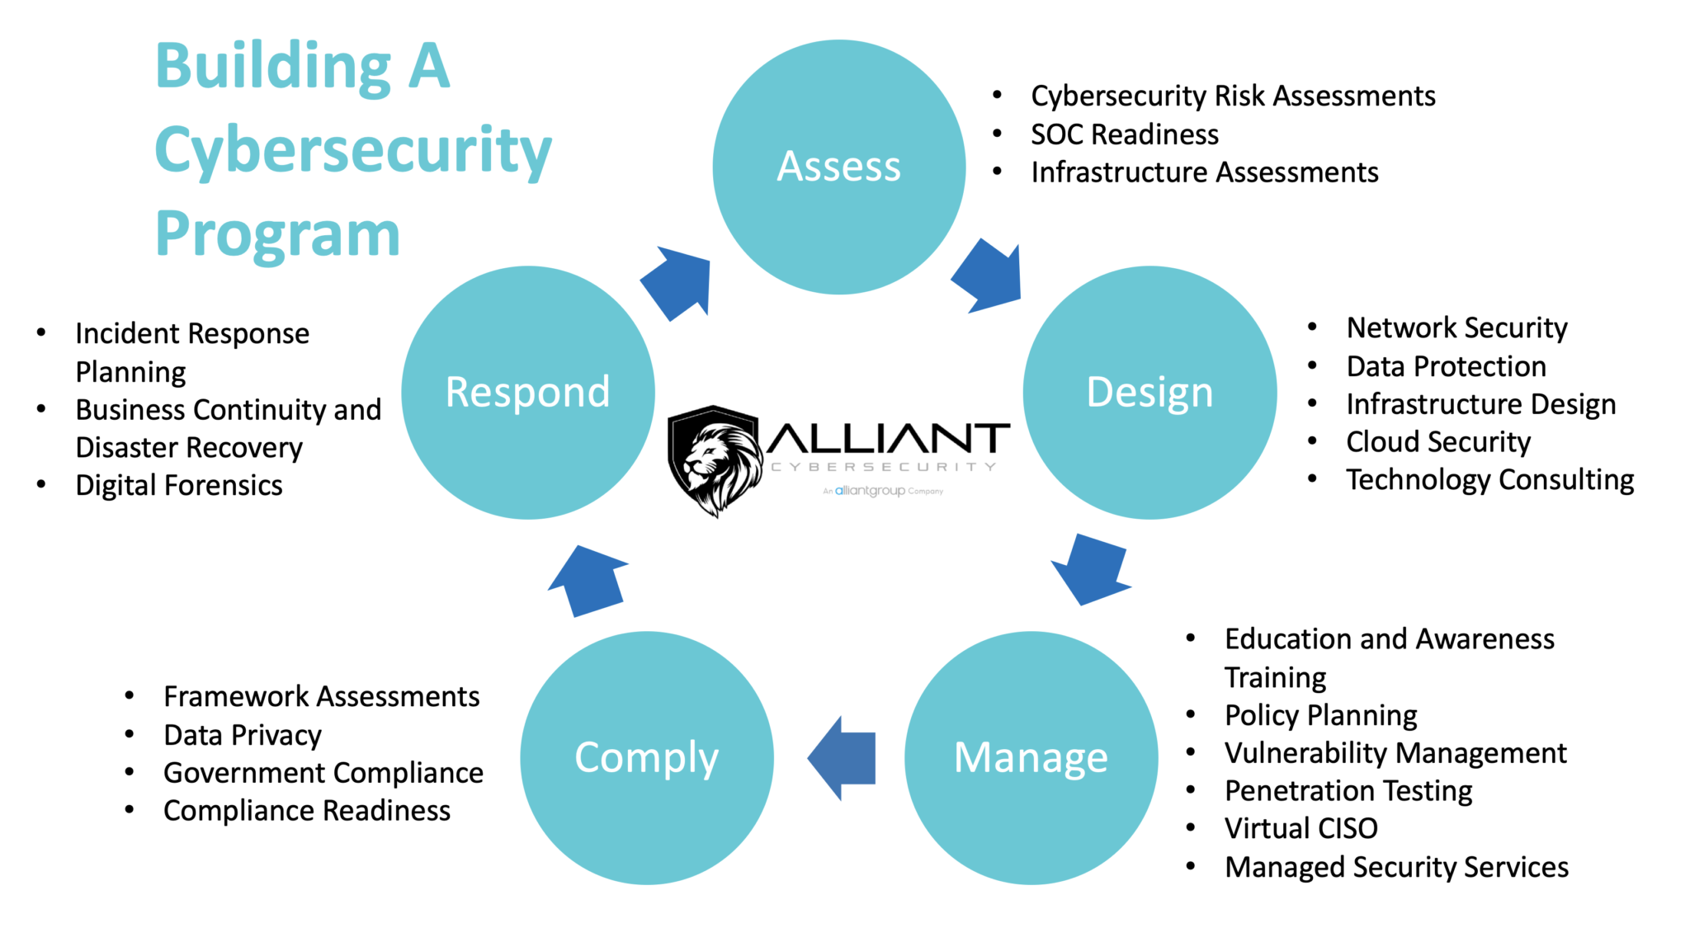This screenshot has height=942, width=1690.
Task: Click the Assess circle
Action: click(x=838, y=167)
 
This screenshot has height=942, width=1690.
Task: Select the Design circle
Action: click(x=1149, y=393)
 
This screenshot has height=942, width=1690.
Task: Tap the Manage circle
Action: click(x=1031, y=757)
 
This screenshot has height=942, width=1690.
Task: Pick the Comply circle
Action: click(x=646, y=757)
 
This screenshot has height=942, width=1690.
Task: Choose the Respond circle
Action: click(x=528, y=393)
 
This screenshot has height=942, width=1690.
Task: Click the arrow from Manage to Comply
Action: click(x=843, y=757)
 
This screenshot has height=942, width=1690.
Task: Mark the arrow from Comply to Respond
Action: click(x=588, y=582)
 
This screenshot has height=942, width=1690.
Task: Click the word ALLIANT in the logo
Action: click(x=888, y=439)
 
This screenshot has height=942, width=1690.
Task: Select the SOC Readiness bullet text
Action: click(x=1124, y=134)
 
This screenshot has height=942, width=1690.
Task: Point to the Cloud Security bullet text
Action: click(x=1437, y=442)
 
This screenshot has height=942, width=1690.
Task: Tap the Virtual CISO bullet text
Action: click(x=1301, y=828)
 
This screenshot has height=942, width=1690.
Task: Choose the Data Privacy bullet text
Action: click(x=242, y=735)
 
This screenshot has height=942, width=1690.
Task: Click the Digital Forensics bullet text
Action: click(x=178, y=486)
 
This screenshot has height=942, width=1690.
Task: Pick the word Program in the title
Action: click(x=277, y=234)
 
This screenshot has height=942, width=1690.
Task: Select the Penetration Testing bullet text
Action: click(x=1348, y=791)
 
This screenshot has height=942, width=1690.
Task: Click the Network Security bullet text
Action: click(x=1456, y=328)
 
